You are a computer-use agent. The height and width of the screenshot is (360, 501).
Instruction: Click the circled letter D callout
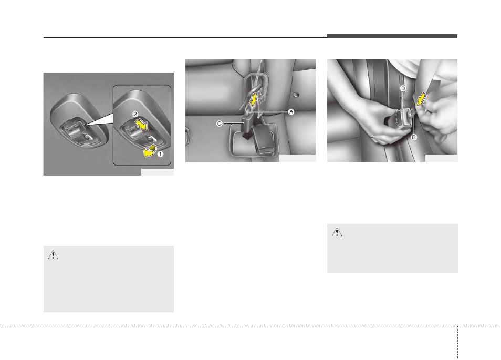pos(403,89)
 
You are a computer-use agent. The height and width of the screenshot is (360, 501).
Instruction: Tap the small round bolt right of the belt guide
pos(297,95)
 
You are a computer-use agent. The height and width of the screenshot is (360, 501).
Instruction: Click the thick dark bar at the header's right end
pos(392,36)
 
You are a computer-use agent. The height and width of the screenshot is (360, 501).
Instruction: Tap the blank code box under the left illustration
pos(157,171)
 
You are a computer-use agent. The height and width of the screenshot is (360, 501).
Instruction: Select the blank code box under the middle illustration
pos(297,158)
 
